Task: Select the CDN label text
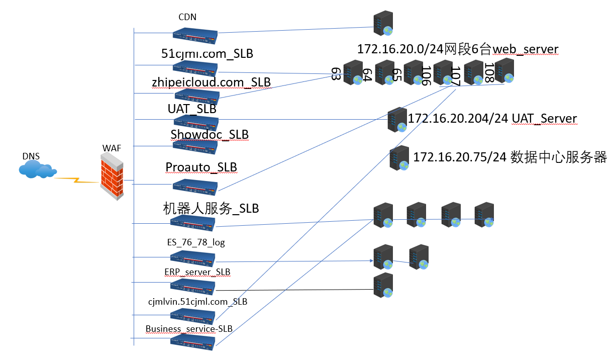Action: (187, 17)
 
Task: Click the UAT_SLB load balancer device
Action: (196, 121)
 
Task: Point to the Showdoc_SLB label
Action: (210, 134)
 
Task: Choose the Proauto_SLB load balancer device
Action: (195, 186)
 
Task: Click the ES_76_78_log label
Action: (196, 242)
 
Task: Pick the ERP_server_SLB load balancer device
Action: (192, 287)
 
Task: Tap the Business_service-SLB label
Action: (189, 329)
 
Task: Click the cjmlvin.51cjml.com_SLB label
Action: (197, 302)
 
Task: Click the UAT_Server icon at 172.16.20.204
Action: (397, 120)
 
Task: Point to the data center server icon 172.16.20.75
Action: (399, 158)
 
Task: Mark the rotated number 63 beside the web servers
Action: (336, 73)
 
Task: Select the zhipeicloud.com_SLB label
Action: (211, 82)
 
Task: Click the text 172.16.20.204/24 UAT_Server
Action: (492, 119)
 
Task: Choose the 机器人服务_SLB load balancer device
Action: (192, 223)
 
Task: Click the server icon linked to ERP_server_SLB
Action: (383, 287)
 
